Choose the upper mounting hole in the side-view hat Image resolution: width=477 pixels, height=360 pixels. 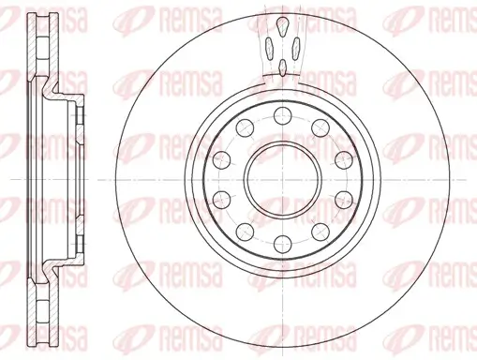pos(79,116)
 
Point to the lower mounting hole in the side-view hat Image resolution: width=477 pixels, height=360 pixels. pos(79,238)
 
